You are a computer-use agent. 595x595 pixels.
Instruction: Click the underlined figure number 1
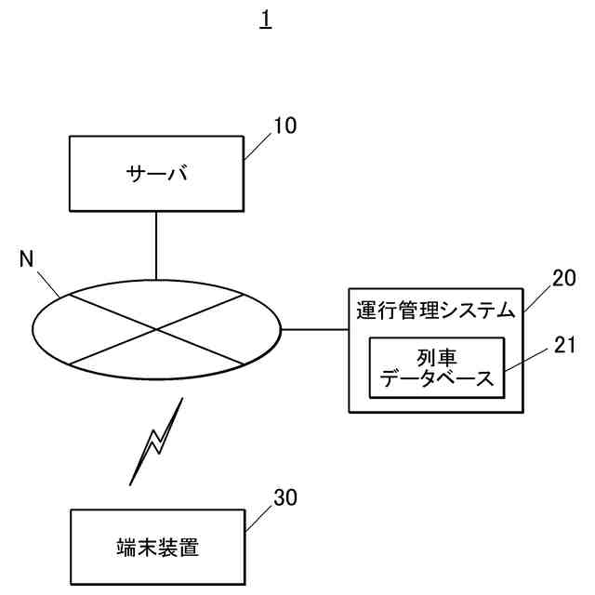[265, 20]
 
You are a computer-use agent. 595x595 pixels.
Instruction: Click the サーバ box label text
[156, 173]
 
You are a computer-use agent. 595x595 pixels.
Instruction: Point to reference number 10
[285, 126]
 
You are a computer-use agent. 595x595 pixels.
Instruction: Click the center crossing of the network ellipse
[156, 328]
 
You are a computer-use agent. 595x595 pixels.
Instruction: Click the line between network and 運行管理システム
[314, 328]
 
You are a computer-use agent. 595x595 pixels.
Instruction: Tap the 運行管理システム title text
[434, 311]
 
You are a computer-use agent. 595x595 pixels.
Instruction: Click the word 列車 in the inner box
[435, 356]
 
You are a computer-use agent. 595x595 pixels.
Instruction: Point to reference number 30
[285, 497]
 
